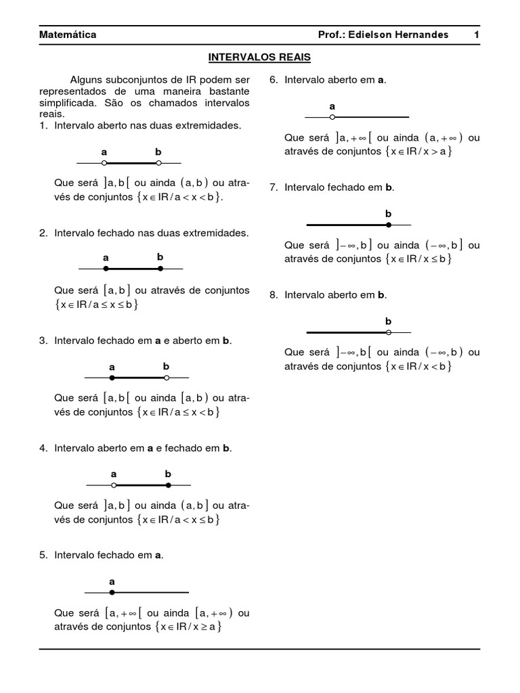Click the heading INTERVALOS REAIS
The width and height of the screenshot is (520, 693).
(259, 58)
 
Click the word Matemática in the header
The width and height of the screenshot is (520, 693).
(68, 35)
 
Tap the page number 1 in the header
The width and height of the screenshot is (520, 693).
(476, 35)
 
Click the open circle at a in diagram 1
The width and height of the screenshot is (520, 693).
(104, 163)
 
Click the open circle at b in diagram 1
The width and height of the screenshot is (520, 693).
(158, 163)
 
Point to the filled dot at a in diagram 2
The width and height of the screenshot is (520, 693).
(106, 269)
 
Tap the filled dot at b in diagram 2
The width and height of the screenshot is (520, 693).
(160, 269)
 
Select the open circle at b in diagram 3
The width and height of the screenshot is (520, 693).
(167, 378)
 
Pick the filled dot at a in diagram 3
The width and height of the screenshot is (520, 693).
(112, 378)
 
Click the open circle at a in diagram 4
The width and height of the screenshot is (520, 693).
(114, 485)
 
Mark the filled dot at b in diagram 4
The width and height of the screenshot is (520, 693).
(169, 485)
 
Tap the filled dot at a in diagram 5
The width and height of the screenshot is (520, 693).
(112, 592)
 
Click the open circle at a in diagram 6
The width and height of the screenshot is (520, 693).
(332, 117)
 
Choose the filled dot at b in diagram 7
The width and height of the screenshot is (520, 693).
(389, 224)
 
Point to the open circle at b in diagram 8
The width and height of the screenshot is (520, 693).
(389, 332)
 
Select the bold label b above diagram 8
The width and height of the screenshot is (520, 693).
(389, 321)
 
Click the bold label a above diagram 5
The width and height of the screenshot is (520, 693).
(112, 581)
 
